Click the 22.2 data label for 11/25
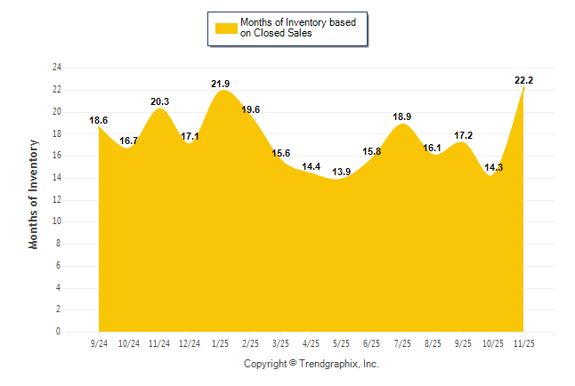tap(523, 80)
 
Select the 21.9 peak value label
tap(221, 84)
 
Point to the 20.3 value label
tap(160, 101)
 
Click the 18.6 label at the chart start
tap(99, 120)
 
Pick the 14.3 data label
tap(492, 166)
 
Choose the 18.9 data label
tap(402, 117)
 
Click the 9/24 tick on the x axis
tap(99, 342)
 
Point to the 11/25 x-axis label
tap(525, 342)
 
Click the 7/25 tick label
tap(402, 342)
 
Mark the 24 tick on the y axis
tap(57, 68)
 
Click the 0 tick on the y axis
tap(59, 332)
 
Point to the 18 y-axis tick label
tap(57, 133)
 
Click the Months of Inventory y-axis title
tap(35, 194)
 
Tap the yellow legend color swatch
tap(225, 28)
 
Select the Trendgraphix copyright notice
tap(312, 364)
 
